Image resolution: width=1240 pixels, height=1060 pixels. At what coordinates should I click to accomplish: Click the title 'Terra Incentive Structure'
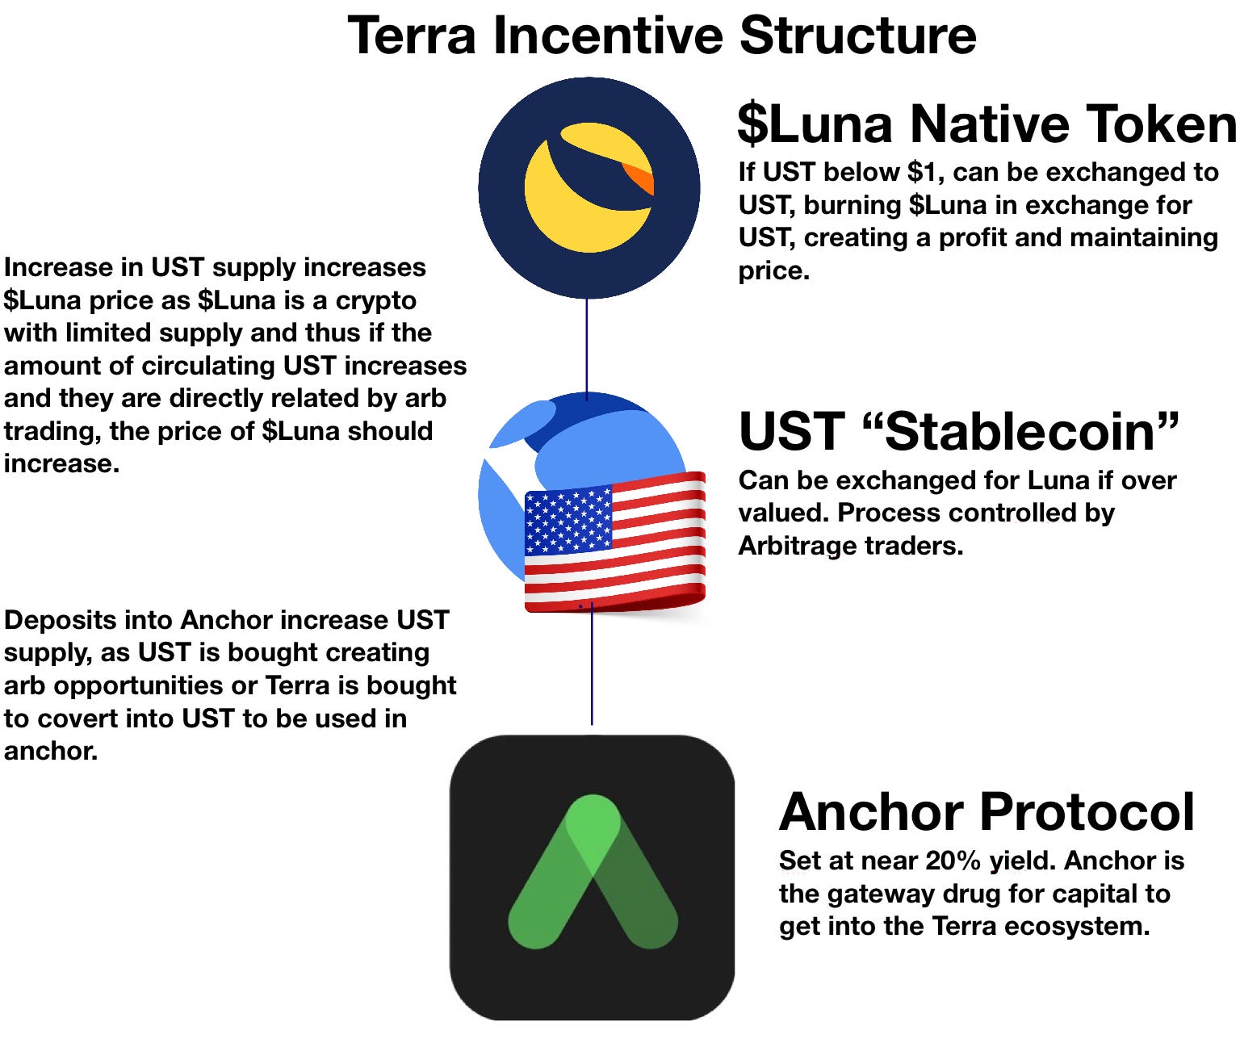coord(661,36)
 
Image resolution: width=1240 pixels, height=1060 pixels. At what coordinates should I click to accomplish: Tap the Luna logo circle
coord(589,188)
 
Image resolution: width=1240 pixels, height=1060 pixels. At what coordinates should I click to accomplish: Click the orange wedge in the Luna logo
coord(639,178)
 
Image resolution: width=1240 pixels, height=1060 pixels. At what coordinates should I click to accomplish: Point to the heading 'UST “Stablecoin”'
coord(959,431)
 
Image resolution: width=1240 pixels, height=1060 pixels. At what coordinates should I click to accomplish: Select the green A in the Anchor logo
coord(593,872)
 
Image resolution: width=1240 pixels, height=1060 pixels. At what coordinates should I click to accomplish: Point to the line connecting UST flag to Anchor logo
coord(592,666)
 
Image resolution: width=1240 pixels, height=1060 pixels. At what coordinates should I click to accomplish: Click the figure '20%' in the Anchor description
coord(953,861)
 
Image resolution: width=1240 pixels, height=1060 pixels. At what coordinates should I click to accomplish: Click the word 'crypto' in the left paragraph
coord(375,300)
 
